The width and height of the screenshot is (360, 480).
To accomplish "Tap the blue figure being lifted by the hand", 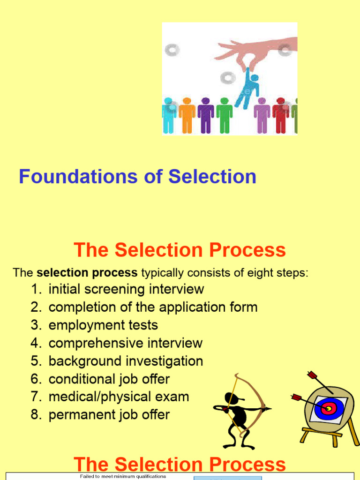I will [x=247, y=87].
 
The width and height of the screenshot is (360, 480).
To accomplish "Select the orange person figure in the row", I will [x=187, y=115].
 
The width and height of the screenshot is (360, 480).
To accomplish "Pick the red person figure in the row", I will [x=281, y=115].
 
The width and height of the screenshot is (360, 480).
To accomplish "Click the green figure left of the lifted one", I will [x=225, y=115].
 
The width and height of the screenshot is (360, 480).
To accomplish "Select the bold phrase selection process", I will [x=87, y=272].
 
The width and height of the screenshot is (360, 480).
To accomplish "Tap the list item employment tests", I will [x=103, y=325].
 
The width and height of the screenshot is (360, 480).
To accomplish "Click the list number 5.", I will [x=36, y=361].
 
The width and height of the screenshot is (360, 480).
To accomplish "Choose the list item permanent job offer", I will [x=109, y=414].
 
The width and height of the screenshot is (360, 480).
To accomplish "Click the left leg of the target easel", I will [x=306, y=435].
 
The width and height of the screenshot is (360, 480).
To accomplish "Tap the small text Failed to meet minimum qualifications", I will [x=123, y=476].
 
